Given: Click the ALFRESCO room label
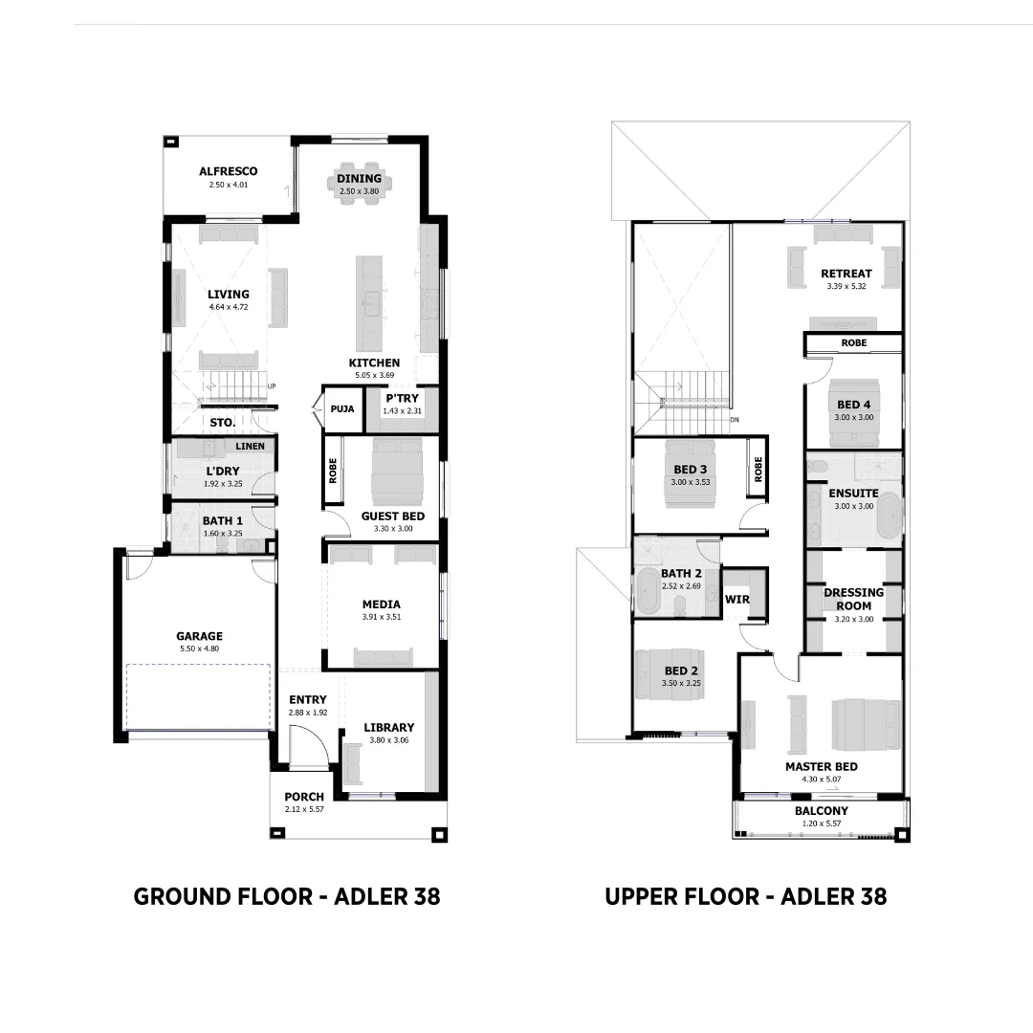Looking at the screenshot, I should tap(228, 171).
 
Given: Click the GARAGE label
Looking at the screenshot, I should tap(199, 636).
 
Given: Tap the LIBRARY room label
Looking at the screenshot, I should tap(388, 728).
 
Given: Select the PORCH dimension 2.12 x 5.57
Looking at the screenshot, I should tap(304, 809).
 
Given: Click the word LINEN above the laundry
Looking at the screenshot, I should tap(250, 447).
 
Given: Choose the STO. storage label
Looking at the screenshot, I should tap(222, 422).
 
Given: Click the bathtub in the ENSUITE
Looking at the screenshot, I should tap(890, 517).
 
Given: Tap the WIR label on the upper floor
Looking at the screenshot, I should tap(737, 600).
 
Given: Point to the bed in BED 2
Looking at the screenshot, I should tap(670, 675).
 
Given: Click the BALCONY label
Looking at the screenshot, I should tap(821, 811).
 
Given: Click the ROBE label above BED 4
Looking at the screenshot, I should tap(854, 342).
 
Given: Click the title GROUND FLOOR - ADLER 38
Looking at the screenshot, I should tap(287, 896).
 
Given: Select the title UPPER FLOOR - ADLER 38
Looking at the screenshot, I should tap(745, 896).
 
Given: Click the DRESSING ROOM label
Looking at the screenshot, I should tap(853, 599).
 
